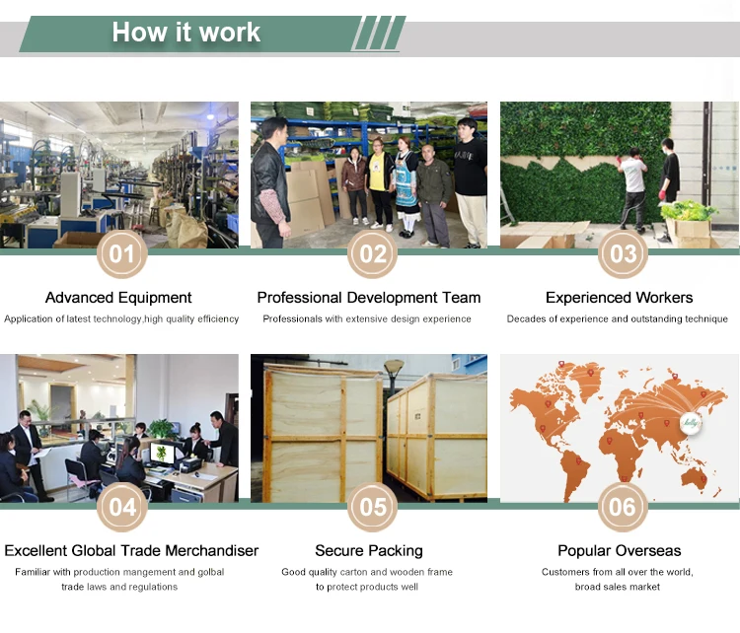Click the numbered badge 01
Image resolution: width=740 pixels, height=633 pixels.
click(122, 253)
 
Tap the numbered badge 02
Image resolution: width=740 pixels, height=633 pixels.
click(372, 253)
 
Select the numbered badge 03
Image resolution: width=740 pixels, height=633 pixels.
click(623, 253)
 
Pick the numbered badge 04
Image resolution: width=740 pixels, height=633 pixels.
click(122, 507)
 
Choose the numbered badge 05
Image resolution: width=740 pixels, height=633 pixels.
click(372, 507)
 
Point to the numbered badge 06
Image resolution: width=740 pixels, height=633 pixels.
click(623, 507)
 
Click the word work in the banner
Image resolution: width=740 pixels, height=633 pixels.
click(230, 33)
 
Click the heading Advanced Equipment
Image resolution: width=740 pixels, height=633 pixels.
click(118, 298)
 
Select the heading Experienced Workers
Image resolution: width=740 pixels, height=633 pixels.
click(620, 298)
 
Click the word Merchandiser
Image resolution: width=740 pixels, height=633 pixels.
click(212, 550)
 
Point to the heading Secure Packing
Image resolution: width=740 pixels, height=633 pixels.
click(369, 550)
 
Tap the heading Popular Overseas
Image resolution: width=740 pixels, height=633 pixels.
click(620, 550)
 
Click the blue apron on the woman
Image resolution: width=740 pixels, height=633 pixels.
click(406, 188)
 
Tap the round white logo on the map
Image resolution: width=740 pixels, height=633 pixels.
click(690, 423)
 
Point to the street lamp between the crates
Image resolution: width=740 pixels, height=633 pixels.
click(394, 380)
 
